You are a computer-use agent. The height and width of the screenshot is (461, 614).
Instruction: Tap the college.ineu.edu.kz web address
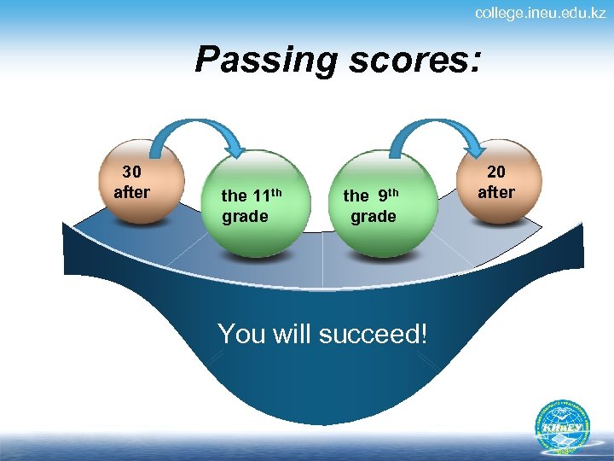(x=540, y=13)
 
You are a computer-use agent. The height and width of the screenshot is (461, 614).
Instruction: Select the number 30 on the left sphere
(x=132, y=172)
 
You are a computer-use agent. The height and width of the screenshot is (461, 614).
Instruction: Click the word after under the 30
(x=132, y=192)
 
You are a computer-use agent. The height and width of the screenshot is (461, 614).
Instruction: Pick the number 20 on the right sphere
(x=495, y=172)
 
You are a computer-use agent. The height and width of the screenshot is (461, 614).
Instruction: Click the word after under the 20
(x=495, y=192)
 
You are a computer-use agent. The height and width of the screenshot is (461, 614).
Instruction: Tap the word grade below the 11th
(x=245, y=216)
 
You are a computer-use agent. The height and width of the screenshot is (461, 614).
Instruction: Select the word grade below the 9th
(x=374, y=216)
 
